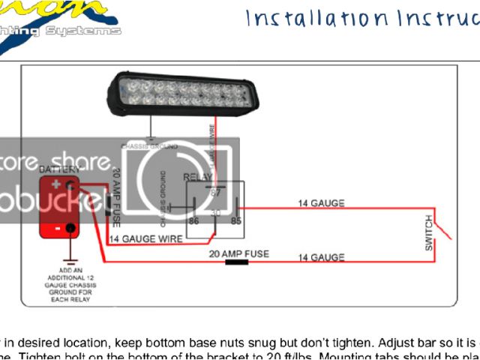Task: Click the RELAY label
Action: click(x=198, y=177)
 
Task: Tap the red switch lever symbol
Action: click(x=445, y=226)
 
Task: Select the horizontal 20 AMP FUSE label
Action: click(x=239, y=253)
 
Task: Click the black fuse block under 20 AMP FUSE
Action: click(x=237, y=262)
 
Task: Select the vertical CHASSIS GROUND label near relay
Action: click(x=163, y=196)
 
